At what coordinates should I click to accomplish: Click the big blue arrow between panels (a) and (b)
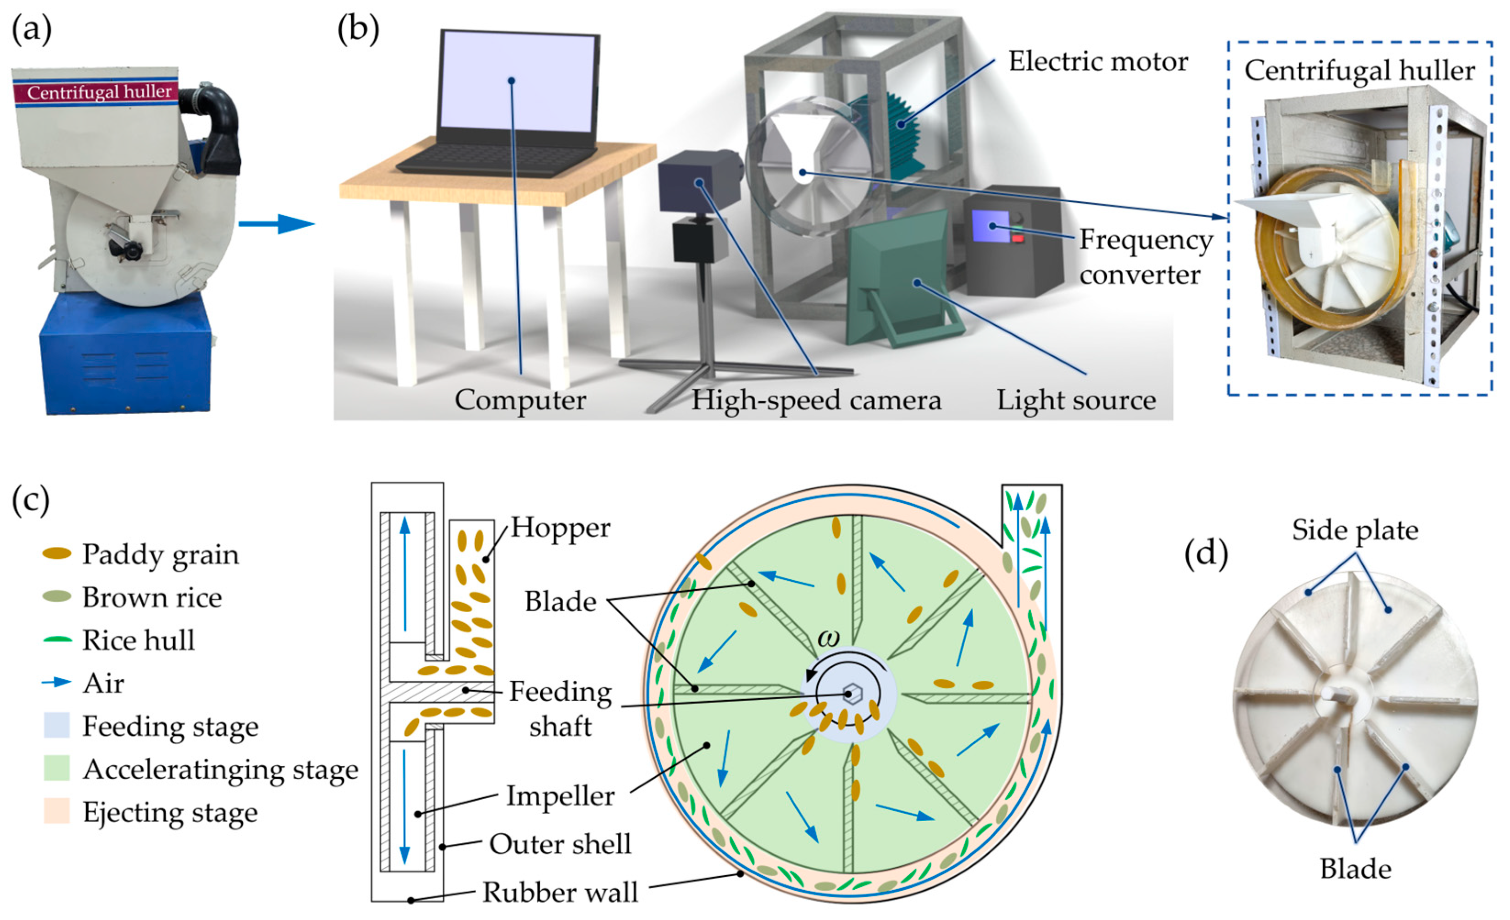(276, 224)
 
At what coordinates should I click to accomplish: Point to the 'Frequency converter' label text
(1145, 257)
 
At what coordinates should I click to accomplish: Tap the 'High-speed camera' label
(816, 401)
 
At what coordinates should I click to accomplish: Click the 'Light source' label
(1076, 401)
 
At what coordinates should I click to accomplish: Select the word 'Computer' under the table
(520, 401)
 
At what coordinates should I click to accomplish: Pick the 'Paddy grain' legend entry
(160, 555)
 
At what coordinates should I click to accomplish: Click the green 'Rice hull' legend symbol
(57, 641)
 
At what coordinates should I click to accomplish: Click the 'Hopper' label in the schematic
(560, 527)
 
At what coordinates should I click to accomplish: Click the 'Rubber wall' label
(560, 892)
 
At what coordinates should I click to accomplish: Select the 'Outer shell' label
(560, 844)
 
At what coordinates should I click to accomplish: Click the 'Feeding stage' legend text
(170, 727)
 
